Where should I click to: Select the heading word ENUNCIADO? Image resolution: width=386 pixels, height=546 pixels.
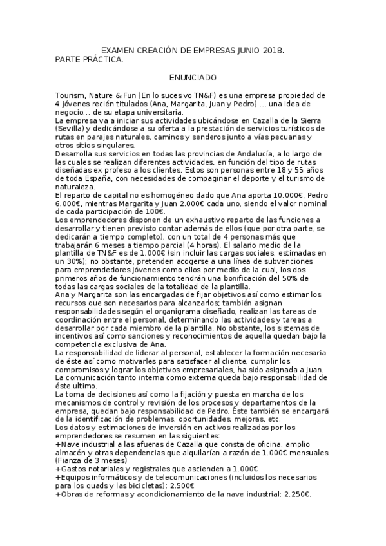(x=193, y=77)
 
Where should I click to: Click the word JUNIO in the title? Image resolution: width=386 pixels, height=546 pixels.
(x=246, y=50)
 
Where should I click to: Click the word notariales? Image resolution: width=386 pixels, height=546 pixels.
(x=113, y=469)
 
